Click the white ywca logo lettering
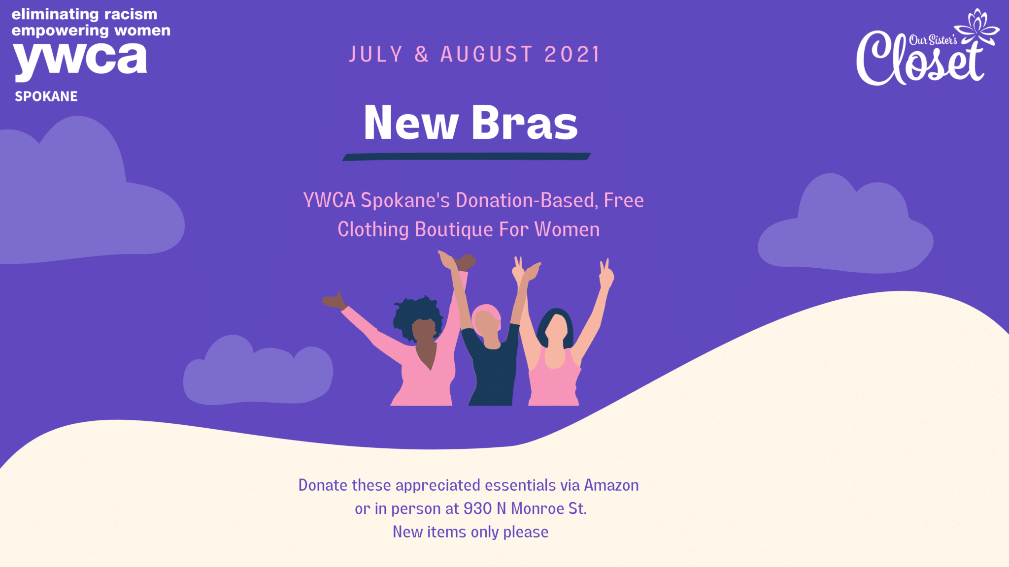pyautogui.click(x=80, y=62)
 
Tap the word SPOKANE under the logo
pyautogui.click(x=46, y=96)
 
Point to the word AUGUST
pyautogui.click(x=486, y=54)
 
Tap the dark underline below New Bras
pyautogui.click(x=467, y=157)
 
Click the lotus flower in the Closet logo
pyautogui.click(x=977, y=27)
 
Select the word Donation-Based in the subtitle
pyautogui.click(x=527, y=200)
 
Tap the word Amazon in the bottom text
pyautogui.click(x=611, y=485)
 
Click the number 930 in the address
pyautogui.click(x=477, y=508)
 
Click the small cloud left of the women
pyautogui.click(x=258, y=372)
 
